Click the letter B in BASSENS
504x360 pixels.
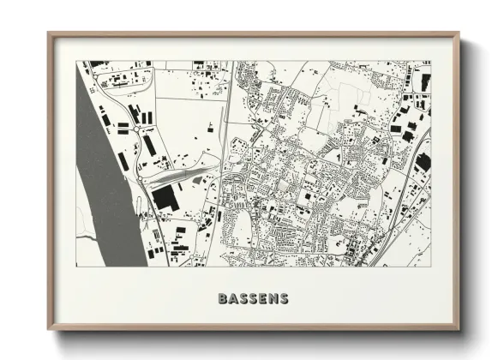pyautogui.click(x=224, y=299)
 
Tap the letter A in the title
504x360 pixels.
pyautogui.click(x=234, y=299)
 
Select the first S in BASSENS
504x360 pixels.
pyautogui.click(x=244, y=299)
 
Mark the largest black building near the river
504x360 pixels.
pyautogui.click(x=165, y=198)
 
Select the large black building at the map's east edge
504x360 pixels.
pyautogui.click(x=423, y=161)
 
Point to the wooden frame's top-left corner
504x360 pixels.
pyautogui.click(x=49, y=33)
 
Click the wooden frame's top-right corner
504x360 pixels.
pyautogui.click(x=459, y=33)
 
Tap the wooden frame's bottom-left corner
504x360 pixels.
pyautogui.click(x=49, y=330)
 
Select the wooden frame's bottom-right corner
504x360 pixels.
pyautogui.click(x=459, y=330)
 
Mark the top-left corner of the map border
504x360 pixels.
pyautogui.click(x=76, y=61)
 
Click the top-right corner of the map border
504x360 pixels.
pyautogui.click(x=431, y=61)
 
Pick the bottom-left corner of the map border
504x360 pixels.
pyautogui.click(x=76, y=266)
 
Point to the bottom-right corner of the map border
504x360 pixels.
pyautogui.click(x=431, y=266)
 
